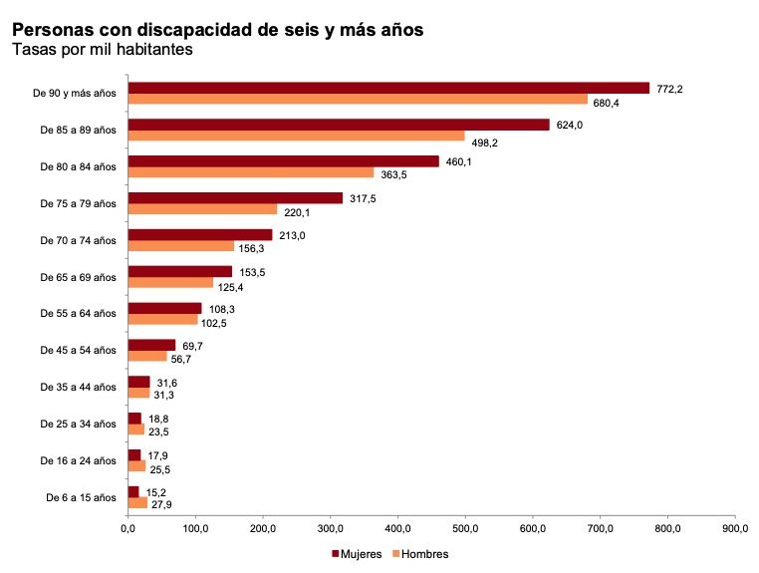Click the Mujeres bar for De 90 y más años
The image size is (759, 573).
tap(388, 88)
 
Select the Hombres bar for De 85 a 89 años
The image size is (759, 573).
tap(296, 136)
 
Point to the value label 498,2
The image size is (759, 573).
tap(485, 143)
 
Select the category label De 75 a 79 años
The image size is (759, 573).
tap(78, 203)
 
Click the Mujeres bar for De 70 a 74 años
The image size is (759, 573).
tap(200, 234)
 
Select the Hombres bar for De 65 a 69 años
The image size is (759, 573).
tap(170, 282)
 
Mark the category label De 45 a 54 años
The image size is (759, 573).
tap(78, 350)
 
